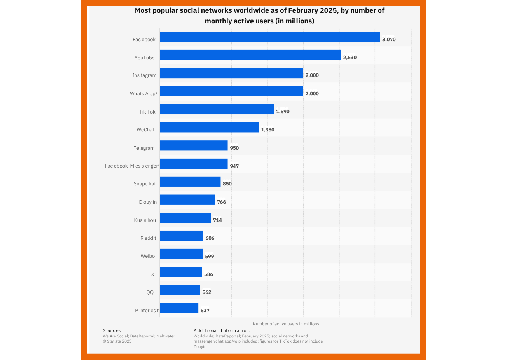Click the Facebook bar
point(270,37)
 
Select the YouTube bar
point(250,55)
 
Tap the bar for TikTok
point(217,109)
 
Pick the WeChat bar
point(209,127)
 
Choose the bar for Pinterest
point(179,308)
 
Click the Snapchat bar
point(190,182)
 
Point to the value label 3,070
point(389,40)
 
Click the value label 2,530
point(350,58)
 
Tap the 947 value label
point(234,166)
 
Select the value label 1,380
point(267,130)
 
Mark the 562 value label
point(206,292)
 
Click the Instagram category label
point(144,75)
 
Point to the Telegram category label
point(144,148)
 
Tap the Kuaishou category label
point(145,220)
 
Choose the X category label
point(152,274)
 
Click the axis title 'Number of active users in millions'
point(286,324)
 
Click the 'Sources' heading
point(112,331)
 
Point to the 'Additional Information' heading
point(222,331)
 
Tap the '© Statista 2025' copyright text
point(117,341)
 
